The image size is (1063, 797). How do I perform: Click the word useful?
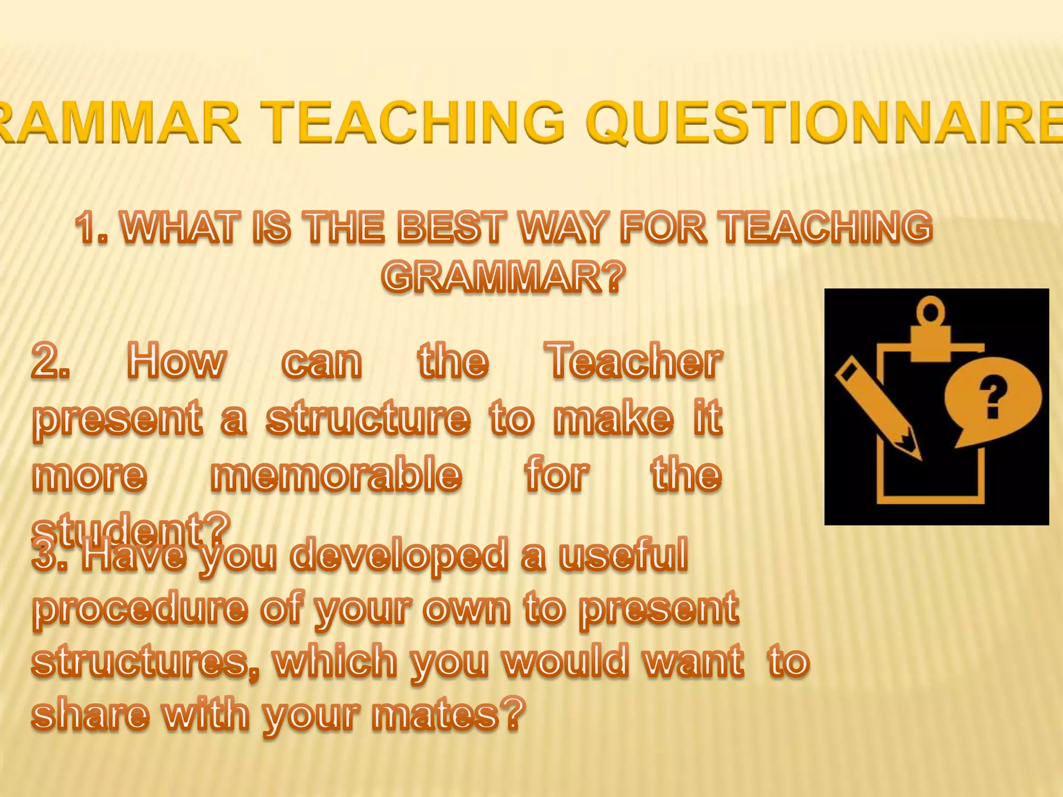click(623, 555)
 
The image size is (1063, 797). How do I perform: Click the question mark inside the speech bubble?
click(992, 397)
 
